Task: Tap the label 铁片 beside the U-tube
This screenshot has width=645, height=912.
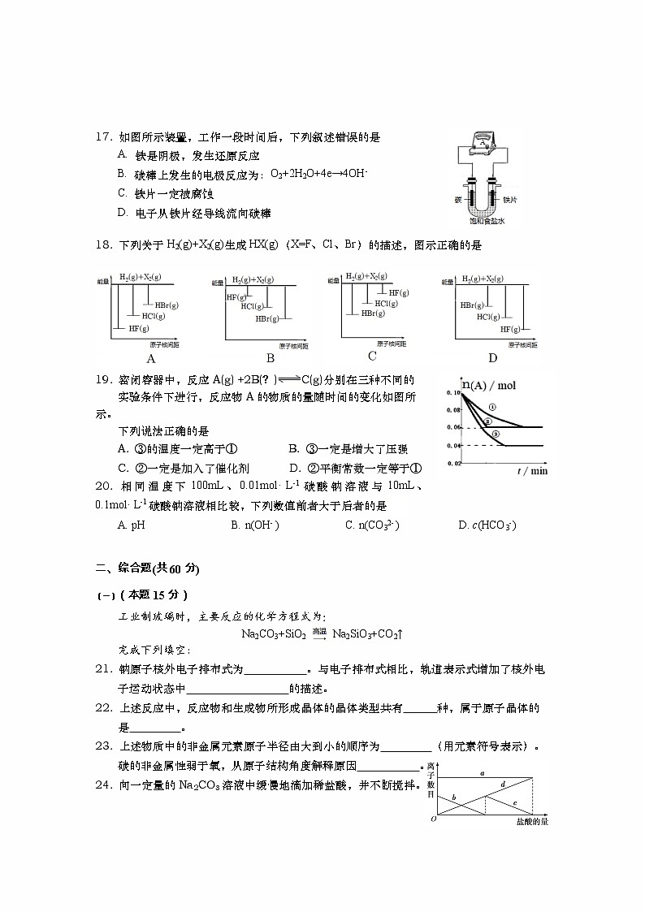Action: (510, 199)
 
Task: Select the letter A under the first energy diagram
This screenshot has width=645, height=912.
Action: (151, 357)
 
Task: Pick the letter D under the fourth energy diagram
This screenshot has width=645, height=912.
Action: (492, 357)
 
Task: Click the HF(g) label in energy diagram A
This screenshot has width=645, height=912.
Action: (139, 328)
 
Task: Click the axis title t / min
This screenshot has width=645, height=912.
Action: (532, 471)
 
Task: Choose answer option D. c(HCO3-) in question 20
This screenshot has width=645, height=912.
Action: (487, 525)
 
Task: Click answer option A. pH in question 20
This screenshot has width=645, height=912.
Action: (131, 525)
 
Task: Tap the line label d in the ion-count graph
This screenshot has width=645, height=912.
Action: (503, 784)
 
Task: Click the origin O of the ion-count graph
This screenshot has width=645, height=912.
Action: (434, 819)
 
